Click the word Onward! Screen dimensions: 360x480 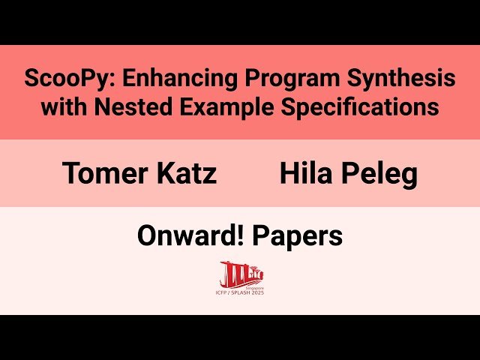pyautogui.click(x=190, y=236)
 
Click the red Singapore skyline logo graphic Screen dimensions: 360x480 pyautogui.click(x=239, y=272)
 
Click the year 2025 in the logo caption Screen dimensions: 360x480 pyautogui.click(x=258, y=292)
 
